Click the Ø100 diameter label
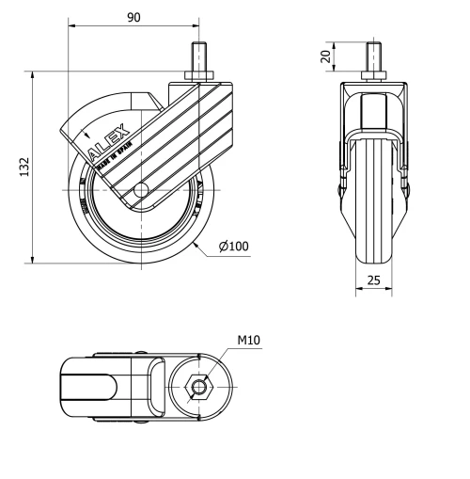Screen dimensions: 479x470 pos(233,247)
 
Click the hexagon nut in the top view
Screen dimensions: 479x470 pos(196,386)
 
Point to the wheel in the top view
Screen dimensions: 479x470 pos(89,386)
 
